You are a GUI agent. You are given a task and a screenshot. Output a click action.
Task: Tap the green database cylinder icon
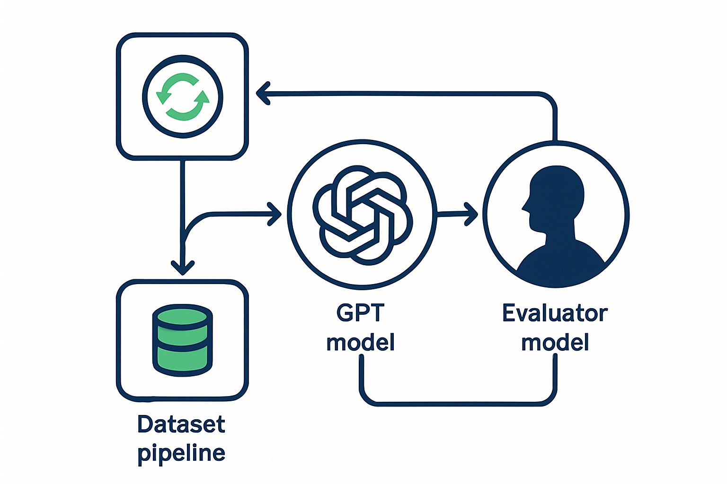pyautogui.click(x=182, y=340)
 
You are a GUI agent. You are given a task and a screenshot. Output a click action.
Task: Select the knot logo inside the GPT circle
pyautogui.click(x=363, y=215)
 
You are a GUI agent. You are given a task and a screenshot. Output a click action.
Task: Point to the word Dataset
pyautogui.click(x=181, y=424)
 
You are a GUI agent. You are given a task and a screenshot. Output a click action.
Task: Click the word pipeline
pyautogui.click(x=181, y=453)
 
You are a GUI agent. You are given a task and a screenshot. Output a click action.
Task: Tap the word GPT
pyautogui.click(x=360, y=312)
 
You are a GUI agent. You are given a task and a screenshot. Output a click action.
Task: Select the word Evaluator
pyautogui.click(x=555, y=313)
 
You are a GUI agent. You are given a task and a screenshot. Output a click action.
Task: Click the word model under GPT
pyautogui.click(x=360, y=342)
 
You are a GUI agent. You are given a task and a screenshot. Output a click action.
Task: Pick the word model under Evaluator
pyautogui.click(x=555, y=342)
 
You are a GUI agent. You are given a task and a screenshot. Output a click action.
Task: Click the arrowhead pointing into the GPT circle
pyautogui.click(x=275, y=214)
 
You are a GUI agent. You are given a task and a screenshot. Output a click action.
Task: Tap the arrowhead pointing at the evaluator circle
pyautogui.click(x=471, y=214)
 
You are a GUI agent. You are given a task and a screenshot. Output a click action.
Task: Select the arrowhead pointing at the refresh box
pyautogui.click(x=263, y=94)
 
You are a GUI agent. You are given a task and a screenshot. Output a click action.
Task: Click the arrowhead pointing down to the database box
pyautogui.click(x=183, y=268)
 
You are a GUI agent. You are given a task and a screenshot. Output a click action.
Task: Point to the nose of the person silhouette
pyautogui.click(x=524, y=207)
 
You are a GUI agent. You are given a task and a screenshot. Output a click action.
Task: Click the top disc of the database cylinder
pyautogui.click(x=182, y=316)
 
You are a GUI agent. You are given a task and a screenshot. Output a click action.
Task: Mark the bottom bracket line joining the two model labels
pyautogui.click(x=458, y=404)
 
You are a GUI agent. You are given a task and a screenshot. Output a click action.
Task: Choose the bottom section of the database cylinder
pyautogui.click(x=182, y=360)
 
